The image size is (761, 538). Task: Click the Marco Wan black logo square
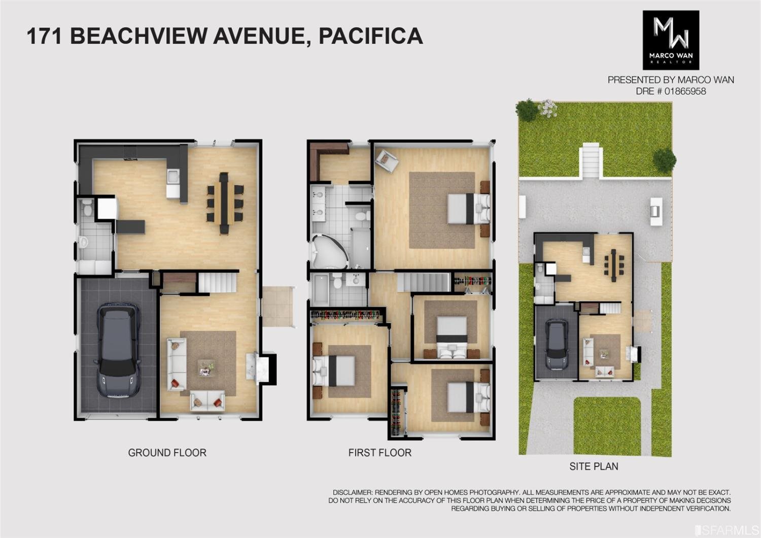pos(671,40)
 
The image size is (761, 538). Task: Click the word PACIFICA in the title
pos(371,36)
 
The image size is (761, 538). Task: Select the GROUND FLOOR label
pos(167,453)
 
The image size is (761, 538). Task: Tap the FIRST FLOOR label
pos(379,453)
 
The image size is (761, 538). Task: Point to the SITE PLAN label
pos(594,466)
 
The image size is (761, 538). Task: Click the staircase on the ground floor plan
pos(218,282)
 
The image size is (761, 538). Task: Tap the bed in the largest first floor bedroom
pos(468,208)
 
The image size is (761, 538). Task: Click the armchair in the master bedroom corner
pos(387,160)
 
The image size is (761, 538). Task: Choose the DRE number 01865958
pos(671,91)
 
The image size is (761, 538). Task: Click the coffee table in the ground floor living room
pos(207,366)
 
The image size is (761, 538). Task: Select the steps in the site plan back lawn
pos(591,160)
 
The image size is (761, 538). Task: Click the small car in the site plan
pos(557,344)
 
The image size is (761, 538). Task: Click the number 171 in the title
pos(44,36)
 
